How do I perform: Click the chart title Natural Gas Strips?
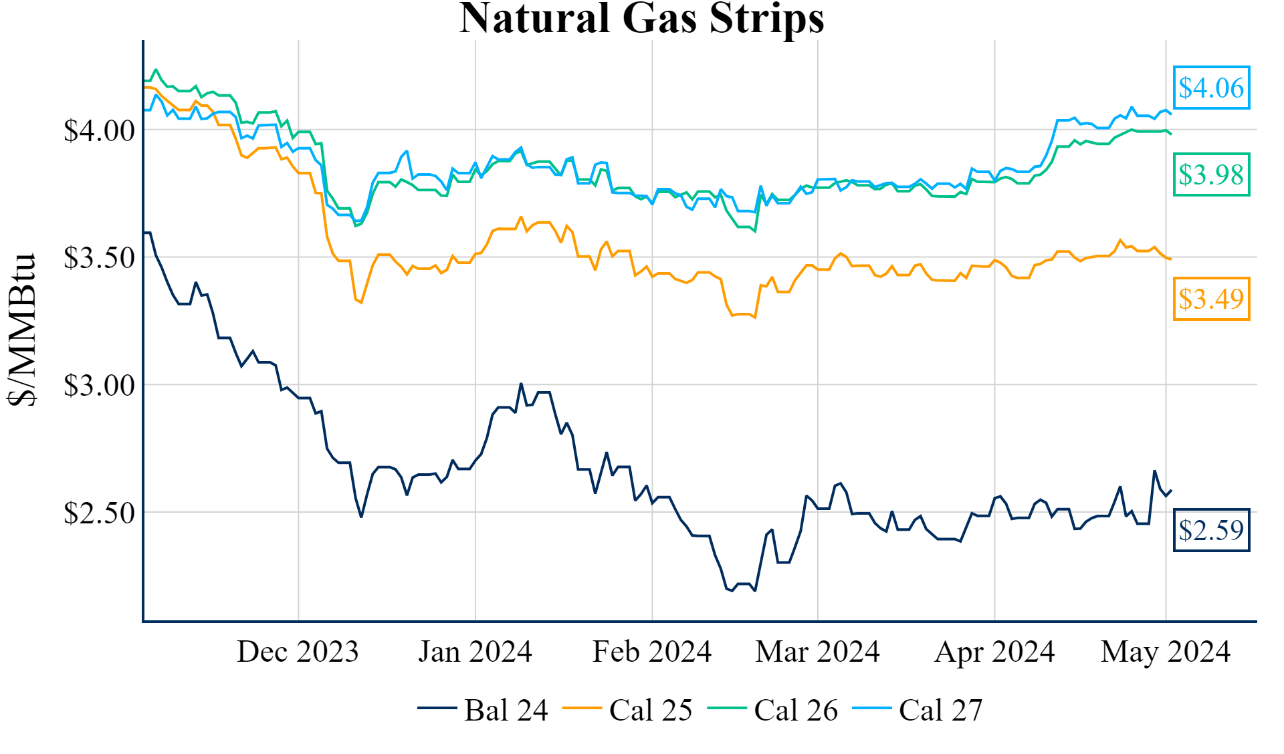coord(641,19)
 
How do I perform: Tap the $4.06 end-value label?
coord(1211,88)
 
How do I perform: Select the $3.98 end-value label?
coord(1211,174)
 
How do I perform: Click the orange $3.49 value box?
coord(1211,299)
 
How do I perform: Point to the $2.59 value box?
coord(1211,530)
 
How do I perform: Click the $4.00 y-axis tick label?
coord(99,130)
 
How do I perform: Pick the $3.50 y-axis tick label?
coord(99,258)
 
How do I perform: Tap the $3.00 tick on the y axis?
coord(99,386)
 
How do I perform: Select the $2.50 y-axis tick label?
coord(99,513)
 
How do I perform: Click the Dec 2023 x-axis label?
coord(298,652)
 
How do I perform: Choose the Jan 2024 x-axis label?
coord(475,652)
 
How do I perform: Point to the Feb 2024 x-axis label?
coord(652,652)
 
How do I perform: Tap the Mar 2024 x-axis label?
coord(817,652)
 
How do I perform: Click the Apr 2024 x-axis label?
coord(994,652)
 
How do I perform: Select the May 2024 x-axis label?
coord(1166,652)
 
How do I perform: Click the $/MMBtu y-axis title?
coord(21,330)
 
